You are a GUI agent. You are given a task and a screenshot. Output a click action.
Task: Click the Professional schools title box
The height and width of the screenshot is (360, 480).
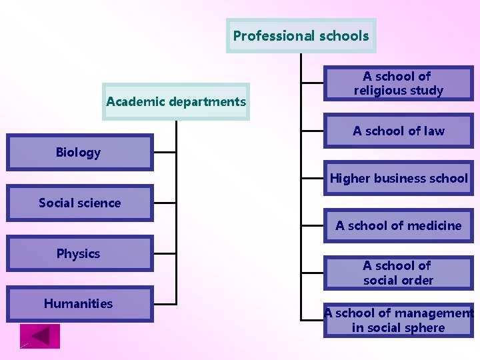coord(301,35)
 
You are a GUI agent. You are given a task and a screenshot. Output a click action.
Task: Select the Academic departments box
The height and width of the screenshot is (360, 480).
coord(176,101)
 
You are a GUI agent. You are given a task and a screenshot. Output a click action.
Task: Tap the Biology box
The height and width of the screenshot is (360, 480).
coord(80,152)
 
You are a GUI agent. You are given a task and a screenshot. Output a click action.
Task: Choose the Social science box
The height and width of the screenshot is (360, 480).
coord(80,203)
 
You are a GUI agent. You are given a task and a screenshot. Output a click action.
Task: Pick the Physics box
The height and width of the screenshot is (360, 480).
coord(80,253)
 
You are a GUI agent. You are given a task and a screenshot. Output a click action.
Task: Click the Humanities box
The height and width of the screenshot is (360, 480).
coord(80,304)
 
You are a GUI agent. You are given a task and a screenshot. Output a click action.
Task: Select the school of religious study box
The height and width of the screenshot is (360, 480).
coord(398,83)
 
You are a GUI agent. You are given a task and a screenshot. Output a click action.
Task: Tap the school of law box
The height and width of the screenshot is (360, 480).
coord(398,131)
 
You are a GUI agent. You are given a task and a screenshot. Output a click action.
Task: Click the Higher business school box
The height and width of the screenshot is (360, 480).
coord(398,178)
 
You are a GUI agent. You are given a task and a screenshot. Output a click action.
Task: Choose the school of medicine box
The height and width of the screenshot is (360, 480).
coord(398,225)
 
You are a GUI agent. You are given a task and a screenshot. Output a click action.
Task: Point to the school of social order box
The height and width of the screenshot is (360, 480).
coord(398,273)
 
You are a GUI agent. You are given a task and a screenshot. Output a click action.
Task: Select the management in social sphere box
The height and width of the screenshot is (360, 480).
coord(398,320)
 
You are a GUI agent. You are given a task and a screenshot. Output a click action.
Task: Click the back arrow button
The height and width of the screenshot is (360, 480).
coord(40,336)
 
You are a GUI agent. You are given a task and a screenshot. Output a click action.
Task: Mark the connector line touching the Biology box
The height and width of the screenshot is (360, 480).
coord(165,152)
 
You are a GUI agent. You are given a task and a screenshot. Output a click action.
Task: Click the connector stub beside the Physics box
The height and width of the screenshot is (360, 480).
coord(165,253)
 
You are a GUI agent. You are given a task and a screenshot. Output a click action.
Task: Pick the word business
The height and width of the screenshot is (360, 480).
coord(401,178)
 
